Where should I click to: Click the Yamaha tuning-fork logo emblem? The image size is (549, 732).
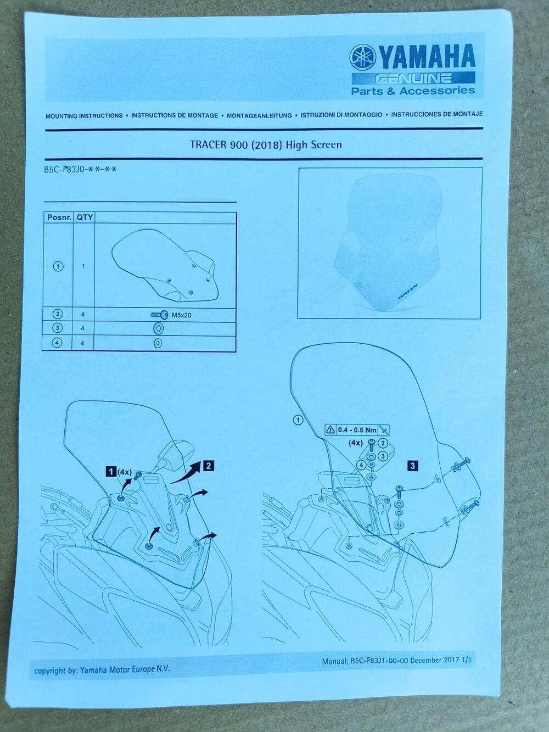(x=363, y=58)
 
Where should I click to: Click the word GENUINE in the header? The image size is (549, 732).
(x=413, y=79)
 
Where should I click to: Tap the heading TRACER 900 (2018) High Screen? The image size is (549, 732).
(x=266, y=145)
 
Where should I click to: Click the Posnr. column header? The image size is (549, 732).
(x=58, y=217)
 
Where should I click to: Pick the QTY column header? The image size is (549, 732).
(x=85, y=217)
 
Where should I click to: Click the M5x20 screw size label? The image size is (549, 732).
(x=181, y=315)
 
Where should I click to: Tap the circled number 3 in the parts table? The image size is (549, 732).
(x=58, y=328)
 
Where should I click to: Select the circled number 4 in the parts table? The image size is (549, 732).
(x=57, y=343)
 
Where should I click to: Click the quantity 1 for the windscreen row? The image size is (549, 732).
(x=83, y=266)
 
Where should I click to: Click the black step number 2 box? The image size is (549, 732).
(x=208, y=466)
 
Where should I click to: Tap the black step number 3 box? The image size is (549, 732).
(x=413, y=466)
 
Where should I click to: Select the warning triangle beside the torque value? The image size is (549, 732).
(x=331, y=430)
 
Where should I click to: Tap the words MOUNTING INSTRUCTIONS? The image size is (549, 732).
(x=84, y=116)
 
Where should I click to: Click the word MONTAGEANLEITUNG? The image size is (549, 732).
(x=259, y=116)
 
